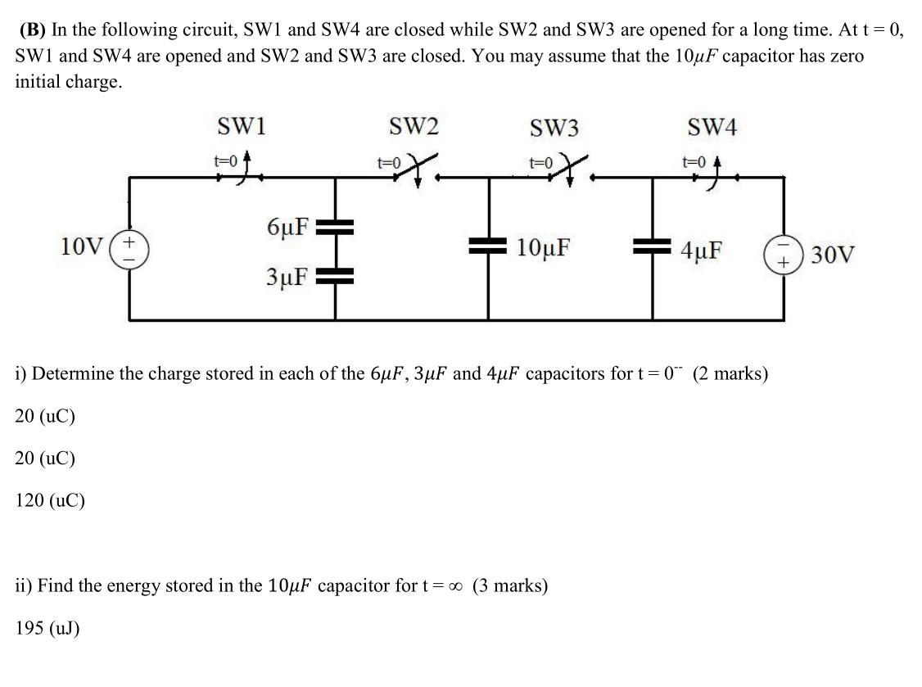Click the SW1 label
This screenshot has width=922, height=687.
(x=241, y=127)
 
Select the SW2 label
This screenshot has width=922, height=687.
(x=414, y=127)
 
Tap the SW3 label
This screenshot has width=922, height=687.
(x=554, y=129)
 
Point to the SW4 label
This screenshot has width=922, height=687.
(x=712, y=128)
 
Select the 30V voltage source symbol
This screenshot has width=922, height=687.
(x=784, y=252)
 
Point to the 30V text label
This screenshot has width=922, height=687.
(x=834, y=255)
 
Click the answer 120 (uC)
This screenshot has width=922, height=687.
(x=50, y=500)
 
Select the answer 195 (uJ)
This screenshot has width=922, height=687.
(x=47, y=628)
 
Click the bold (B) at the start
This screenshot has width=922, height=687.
(x=33, y=30)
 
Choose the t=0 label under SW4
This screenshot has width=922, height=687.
(x=694, y=161)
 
